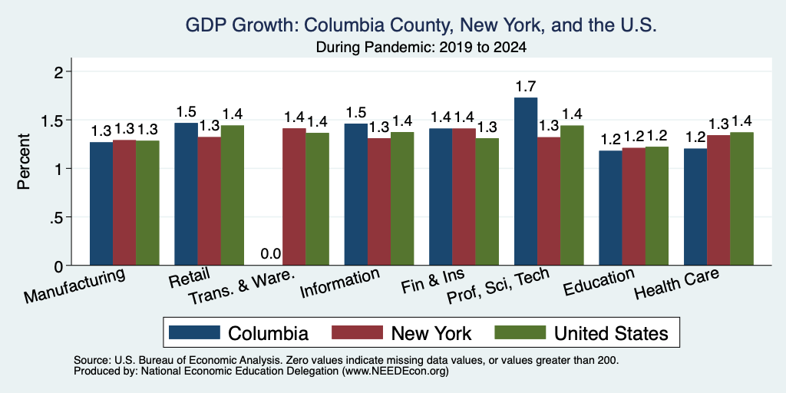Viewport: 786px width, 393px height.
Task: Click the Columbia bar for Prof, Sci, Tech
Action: tap(526, 181)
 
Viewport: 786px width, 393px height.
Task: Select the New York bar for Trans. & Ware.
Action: tap(294, 197)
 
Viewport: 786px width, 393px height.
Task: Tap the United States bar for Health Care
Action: tap(742, 199)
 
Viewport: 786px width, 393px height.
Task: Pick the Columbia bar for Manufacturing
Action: tap(101, 203)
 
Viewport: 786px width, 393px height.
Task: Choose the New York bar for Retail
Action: tap(209, 201)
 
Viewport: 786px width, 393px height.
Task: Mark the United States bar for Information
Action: tap(402, 199)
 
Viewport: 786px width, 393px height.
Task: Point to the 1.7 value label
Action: tap(526, 87)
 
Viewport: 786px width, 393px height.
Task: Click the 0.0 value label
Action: tap(271, 254)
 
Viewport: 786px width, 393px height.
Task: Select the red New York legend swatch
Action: tap(357, 332)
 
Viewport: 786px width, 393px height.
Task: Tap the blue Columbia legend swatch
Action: tap(194, 332)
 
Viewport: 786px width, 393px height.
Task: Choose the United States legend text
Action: tap(611, 333)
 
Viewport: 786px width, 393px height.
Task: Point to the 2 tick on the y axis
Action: tap(60, 72)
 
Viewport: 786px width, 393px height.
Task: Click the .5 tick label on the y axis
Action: tap(58, 217)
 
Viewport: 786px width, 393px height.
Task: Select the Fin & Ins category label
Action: tap(433, 282)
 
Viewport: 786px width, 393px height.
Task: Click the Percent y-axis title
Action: tap(24, 161)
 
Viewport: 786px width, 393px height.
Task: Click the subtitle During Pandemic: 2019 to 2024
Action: tap(421, 48)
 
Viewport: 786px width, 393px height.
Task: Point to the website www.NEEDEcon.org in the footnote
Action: tap(395, 372)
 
